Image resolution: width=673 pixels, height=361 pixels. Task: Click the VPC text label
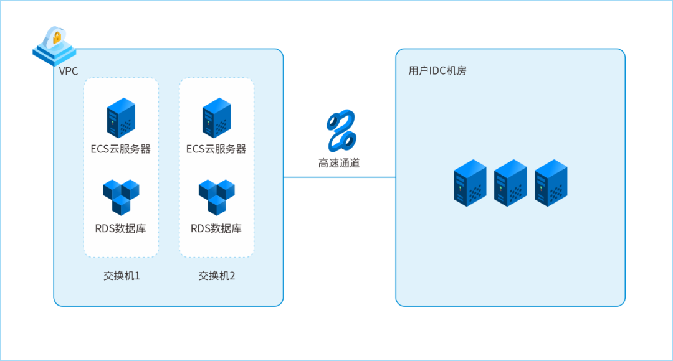pyautogui.click(x=69, y=71)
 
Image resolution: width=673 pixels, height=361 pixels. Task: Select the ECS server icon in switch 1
pyautogui.click(x=121, y=117)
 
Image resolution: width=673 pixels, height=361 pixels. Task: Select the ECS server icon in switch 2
pyautogui.click(x=216, y=117)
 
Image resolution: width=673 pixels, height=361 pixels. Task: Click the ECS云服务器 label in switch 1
pyautogui.click(x=121, y=149)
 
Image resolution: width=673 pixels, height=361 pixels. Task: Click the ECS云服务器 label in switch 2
pyautogui.click(x=216, y=149)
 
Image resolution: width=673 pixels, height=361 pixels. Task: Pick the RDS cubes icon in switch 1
pyautogui.click(x=121, y=197)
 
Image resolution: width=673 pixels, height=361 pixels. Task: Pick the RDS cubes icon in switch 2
pyautogui.click(x=216, y=197)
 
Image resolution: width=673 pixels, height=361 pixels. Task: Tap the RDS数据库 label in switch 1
pyautogui.click(x=121, y=228)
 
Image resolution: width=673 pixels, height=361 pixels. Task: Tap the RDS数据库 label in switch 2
pyautogui.click(x=216, y=228)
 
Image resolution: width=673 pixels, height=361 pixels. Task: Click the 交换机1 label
pyautogui.click(x=122, y=275)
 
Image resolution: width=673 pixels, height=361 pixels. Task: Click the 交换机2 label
pyautogui.click(x=217, y=275)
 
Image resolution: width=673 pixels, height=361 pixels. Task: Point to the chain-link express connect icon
pyautogui.click(x=340, y=130)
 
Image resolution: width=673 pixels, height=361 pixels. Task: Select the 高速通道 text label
pyautogui.click(x=340, y=164)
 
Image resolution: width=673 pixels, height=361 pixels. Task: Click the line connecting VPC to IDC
pyautogui.click(x=340, y=177)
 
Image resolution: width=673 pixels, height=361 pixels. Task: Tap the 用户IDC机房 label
pyautogui.click(x=437, y=71)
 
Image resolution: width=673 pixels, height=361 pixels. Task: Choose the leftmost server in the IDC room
pyautogui.click(x=470, y=182)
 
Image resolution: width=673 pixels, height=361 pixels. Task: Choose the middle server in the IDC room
pyautogui.click(x=510, y=182)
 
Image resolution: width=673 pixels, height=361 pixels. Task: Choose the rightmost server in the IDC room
pyautogui.click(x=550, y=182)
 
